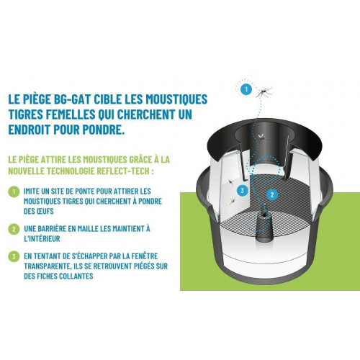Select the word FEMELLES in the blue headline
click(71, 114)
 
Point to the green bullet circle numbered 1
click(14, 192)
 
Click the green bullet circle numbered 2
click(14, 229)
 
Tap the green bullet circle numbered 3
click(14, 256)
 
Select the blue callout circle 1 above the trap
click(246, 89)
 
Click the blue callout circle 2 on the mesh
click(272, 194)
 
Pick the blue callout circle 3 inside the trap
click(242, 191)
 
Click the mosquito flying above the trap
click(264, 91)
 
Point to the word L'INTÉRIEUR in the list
click(42, 239)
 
